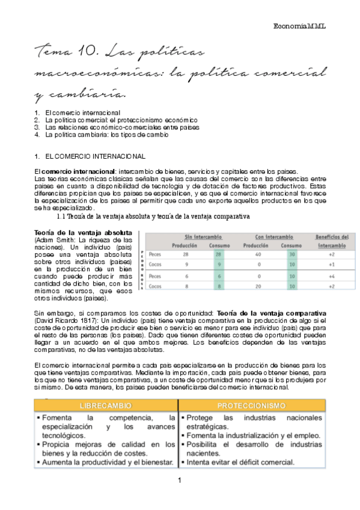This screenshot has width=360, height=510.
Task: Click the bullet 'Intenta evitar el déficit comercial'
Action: [x=240, y=462]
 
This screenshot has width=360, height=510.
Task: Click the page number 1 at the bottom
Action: [x=180, y=481]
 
